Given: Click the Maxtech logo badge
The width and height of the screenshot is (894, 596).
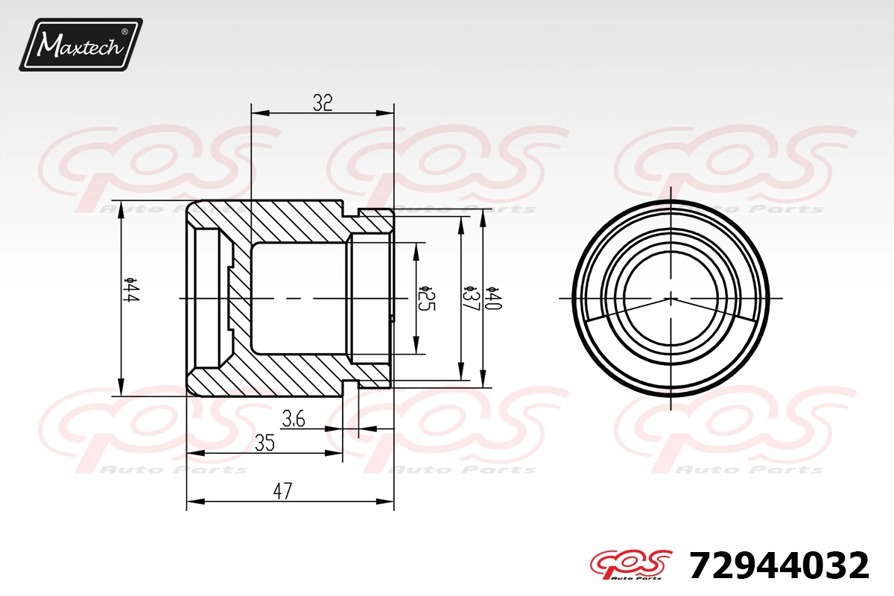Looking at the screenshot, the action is pos(81,45).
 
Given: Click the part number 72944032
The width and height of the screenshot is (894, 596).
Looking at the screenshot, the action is pos(779,565).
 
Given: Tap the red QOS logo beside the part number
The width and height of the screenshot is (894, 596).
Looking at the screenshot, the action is pos(631,565).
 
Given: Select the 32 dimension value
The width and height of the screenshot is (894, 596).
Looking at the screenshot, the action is pos(323,103).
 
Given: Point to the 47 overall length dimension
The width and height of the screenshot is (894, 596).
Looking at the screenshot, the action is pos(282,491).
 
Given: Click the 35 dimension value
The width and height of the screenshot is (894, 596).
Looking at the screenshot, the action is pos(265,443).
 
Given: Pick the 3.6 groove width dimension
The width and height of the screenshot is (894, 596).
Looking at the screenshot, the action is pos(294,419).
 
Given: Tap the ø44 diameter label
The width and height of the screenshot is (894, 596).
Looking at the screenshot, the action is pos(131,291).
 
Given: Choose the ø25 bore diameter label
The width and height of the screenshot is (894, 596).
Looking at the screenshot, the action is pos(426,298).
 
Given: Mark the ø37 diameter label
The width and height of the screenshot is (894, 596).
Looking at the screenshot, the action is pos(472,298).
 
